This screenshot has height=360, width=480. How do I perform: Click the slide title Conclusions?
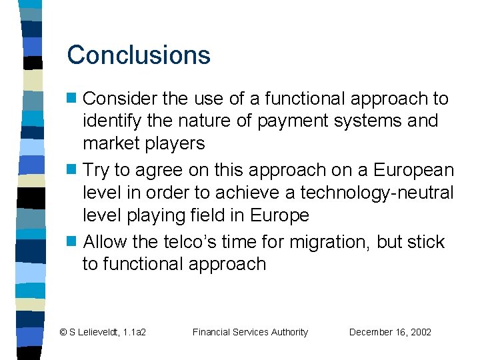[139, 55]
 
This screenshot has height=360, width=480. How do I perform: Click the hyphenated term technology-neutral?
[377, 193]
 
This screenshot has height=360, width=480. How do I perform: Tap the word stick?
[425, 242]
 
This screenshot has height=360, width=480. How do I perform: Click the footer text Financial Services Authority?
[250, 332]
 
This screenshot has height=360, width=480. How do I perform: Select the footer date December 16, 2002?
[390, 332]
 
